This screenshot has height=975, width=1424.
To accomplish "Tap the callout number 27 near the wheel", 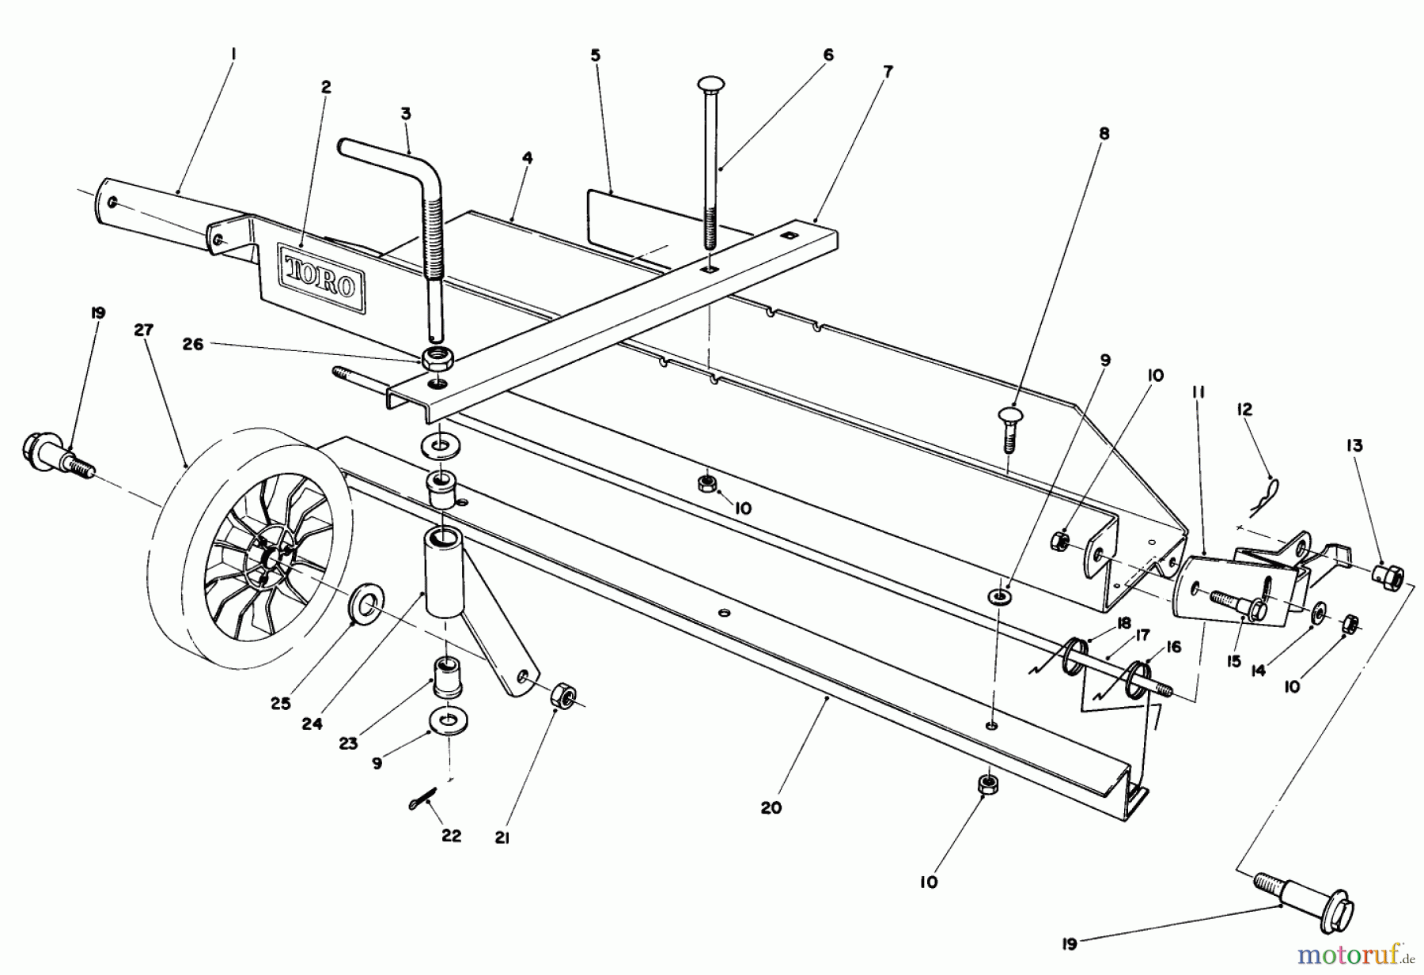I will pyautogui.click(x=143, y=331).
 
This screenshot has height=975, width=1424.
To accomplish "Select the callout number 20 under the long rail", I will pyautogui.click(x=771, y=807).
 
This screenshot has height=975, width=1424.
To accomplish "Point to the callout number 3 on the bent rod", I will pyautogui.click(x=406, y=114).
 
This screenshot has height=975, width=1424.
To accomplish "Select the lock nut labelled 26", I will pyautogui.click(x=434, y=357).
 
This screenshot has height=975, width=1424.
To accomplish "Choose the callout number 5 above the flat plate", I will pyautogui.click(x=595, y=55).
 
